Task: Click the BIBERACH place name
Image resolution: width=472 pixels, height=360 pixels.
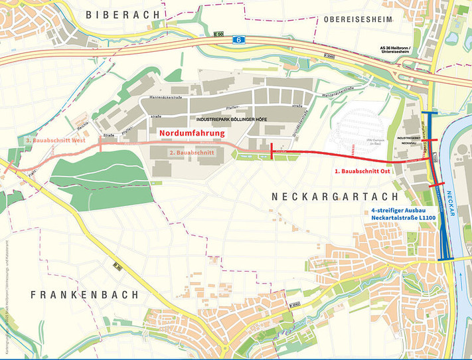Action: click(x=125, y=14)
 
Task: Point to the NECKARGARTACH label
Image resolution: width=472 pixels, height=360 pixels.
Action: click(x=335, y=197)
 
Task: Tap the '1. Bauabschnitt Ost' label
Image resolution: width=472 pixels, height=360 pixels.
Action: click(x=366, y=171)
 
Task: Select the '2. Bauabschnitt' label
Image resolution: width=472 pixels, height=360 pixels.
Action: click(x=191, y=152)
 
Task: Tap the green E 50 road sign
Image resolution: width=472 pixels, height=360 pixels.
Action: click(x=220, y=34)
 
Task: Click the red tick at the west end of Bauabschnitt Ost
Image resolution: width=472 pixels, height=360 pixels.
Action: click(x=271, y=152)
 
